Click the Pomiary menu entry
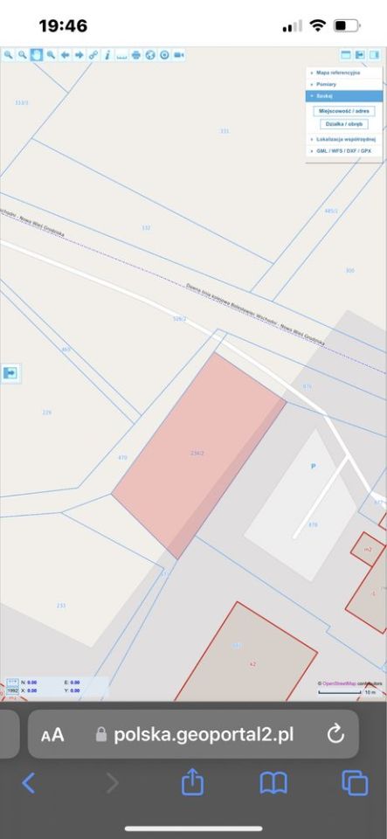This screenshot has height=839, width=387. (328, 84)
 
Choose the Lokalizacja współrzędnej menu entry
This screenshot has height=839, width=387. (345, 139)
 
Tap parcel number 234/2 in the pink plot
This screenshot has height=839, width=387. (197, 453)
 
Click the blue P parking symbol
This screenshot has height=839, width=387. (313, 466)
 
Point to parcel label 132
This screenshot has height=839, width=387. (146, 228)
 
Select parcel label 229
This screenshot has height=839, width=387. (47, 413)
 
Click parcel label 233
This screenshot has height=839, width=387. (61, 605)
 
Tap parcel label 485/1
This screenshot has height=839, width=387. (330, 211)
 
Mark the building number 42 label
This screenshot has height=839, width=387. (253, 664)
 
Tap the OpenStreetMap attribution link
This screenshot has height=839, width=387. (338, 683)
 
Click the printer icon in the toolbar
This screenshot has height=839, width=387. (135, 54)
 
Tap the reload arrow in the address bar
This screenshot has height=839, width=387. (335, 733)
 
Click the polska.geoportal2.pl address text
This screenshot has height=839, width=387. (204, 734)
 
